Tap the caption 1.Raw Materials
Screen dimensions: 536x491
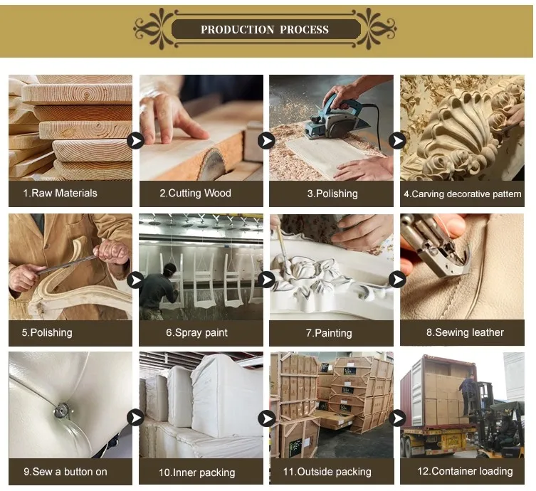(x=60, y=193)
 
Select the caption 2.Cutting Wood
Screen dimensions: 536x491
(x=195, y=193)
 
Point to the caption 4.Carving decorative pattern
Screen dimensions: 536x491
(x=462, y=194)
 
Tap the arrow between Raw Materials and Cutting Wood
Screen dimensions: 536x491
(x=135, y=140)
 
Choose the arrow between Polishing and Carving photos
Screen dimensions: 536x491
(x=397, y=140)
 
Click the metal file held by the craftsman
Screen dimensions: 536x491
(x=67, y=265)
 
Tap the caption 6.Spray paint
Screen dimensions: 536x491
(x=196, y=332)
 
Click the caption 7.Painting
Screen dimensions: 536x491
(x=329, y=333)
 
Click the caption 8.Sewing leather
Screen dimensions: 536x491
(x=465, y=332)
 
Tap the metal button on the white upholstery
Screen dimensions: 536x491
(x=62, y=411)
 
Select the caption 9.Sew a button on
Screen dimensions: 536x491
(x=65, y=472)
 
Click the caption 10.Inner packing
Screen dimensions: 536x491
(x=197, y=472)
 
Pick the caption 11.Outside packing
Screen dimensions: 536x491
(x=327, y=472)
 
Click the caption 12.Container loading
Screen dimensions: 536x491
(x=465, y=471)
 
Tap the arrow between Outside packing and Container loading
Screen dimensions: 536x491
(x=397, y=418)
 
